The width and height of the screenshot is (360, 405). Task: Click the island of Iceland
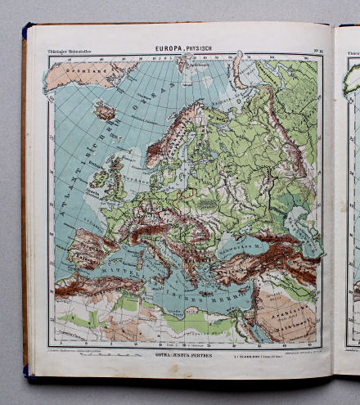(106, 110)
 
